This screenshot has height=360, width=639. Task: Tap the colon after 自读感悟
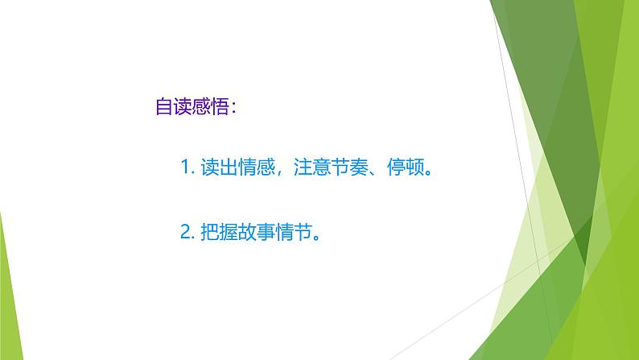[x=233, y=108]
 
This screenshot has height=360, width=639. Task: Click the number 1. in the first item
[x=188, y=169]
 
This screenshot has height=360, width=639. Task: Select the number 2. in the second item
[x=188, y=232]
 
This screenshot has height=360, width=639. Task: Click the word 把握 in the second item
[x=219, y=232]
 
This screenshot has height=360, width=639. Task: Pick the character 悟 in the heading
[x=221, y=107]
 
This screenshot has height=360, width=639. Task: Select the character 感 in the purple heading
[x=202, y=107]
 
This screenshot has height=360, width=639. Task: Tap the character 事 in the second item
[x=265, y=232]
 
